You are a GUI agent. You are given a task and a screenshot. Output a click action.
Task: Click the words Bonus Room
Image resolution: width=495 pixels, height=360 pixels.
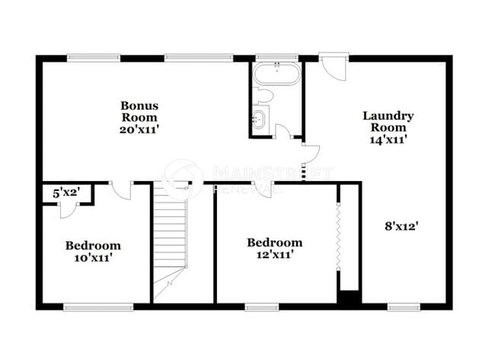pyautogui.click(x=139, y=111)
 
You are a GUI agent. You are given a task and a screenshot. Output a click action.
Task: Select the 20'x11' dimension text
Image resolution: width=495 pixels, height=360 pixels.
pyautogui.click(x=139, y=129)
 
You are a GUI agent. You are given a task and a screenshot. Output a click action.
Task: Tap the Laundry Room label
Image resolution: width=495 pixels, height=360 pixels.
pyautogui.click(x=388, y=122)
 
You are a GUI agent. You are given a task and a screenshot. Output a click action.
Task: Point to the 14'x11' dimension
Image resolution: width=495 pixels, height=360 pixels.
pyautogui.click(x=388, y=139)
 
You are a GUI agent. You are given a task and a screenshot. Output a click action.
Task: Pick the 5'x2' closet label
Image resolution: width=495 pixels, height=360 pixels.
pyautogui.click(x=65, y=194)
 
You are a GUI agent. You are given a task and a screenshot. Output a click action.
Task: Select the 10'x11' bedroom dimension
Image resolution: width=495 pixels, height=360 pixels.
pyautogui.click(x=92, y=257)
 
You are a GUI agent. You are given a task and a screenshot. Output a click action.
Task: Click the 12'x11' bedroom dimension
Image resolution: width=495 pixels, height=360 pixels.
pyautogui.click(x=274, y=254)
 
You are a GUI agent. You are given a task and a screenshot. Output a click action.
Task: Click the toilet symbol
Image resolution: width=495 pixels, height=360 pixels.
pyautogui.click(x=263, y=96)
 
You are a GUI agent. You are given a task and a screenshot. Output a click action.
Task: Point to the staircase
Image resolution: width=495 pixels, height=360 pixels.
pyautogui.click(x=171, y=236)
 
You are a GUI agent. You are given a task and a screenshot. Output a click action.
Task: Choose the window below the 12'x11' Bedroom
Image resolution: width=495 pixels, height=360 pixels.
pyautogui.click(x=261, y=307)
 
